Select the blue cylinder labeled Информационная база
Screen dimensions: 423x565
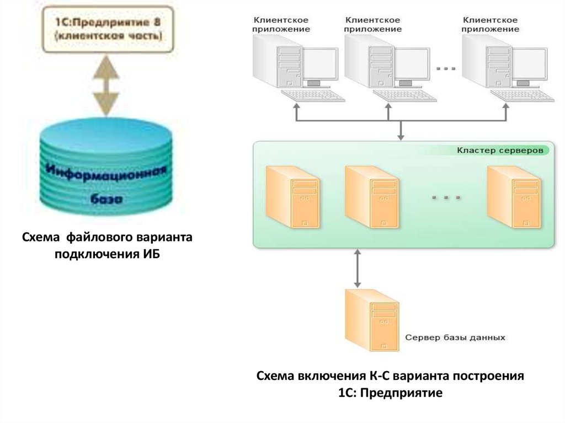click(x=106, y=172)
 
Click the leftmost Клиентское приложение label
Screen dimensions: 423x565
click(x=281, y=25)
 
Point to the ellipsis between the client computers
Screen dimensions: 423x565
click(x=446, y=69)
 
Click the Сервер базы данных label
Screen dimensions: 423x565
click(x=456, y=337)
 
